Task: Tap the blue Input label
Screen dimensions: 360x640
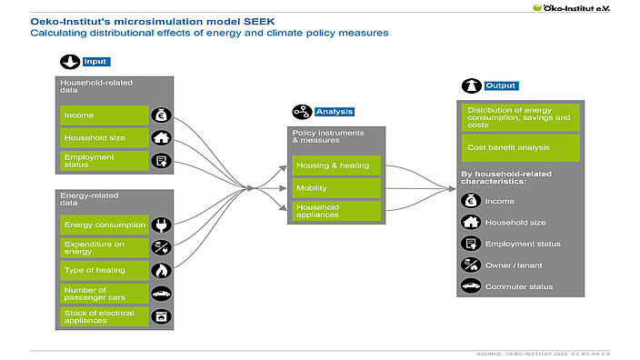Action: [95, 62]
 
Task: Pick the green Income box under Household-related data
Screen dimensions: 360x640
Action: [103, 115]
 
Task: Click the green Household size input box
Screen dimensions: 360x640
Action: [103, 138]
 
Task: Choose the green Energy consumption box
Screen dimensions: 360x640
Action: [103, 225]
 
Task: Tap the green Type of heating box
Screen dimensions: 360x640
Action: [103, 270]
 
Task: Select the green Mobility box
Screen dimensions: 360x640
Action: [335, 189]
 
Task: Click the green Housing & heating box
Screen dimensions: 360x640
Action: [335, 166]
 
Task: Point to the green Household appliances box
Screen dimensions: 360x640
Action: [335, 211]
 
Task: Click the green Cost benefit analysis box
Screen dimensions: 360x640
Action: [519, 146]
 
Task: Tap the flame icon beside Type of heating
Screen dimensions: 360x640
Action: [161, 270]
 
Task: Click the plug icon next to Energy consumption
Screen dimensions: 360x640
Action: [161, 225]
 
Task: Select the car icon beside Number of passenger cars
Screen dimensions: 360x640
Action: [161, 294]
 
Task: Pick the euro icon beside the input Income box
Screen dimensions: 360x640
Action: [161, 115]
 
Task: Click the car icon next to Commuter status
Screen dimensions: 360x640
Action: [470, 286]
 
